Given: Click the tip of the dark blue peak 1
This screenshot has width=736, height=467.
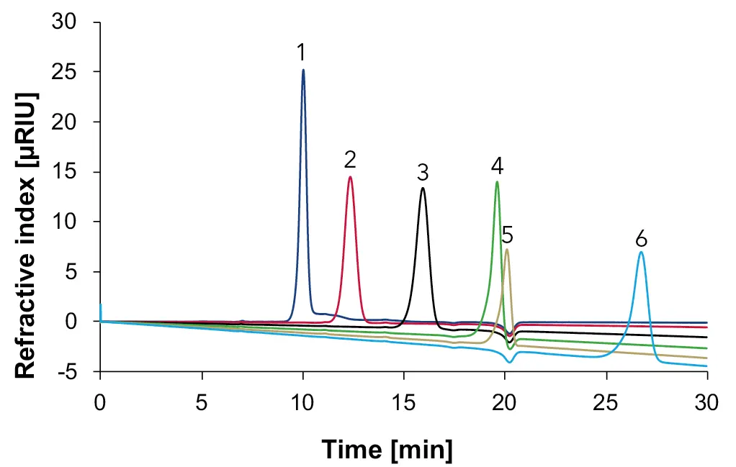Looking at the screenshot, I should click(x=303, y=70).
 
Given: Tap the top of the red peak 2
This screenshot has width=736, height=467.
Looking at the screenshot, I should click(x=350, y=177).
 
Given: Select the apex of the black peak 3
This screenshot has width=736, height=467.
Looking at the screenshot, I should click(x=423, y=189).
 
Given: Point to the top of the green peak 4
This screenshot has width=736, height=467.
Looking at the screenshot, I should click(x=497, y=182).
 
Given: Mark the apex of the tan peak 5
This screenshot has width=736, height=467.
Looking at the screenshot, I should click(x=507, y=250).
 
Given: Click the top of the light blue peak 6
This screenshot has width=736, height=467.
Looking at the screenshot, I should click(x=641, y=252).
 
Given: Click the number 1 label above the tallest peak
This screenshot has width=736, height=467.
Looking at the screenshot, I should click(x=302, y=52).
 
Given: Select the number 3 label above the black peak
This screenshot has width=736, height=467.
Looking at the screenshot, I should click(x=423, y=173).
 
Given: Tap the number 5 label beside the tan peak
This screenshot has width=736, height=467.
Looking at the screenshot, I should click(x=508, y=235).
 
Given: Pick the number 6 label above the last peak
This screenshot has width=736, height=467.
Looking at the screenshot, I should click(x=642, y=237).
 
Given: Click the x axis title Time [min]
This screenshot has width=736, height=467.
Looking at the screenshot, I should click(x=387, y=450).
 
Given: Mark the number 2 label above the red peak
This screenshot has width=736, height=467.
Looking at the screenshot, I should click(x=351, y=160).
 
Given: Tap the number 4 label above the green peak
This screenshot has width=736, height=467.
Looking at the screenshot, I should click(x=497, y=166).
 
